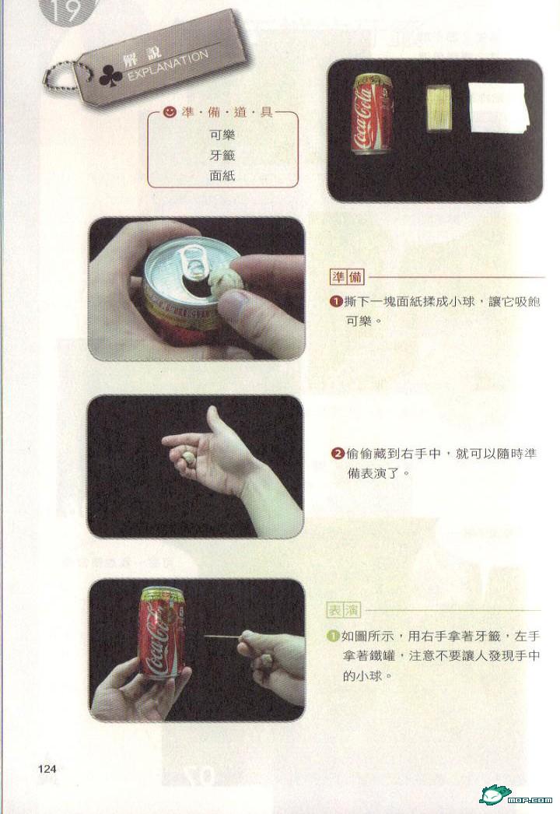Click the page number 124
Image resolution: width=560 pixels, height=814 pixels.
pyautogui.click(x=47, y=769)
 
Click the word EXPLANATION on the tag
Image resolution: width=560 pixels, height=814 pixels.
pyautogui.click(x=168, y=66)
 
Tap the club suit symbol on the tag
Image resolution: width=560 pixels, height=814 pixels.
pyautogui.click(x=110, y=75)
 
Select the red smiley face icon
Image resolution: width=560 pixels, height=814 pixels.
pyautogui.click(x=168, y=111)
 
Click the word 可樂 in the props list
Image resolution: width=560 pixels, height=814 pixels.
pyautogui.click(x=222, y=135)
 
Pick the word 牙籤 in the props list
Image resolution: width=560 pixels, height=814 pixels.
pyautogui.click(x=222, y=155)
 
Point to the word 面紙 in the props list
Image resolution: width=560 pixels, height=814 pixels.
pyautogui.click(x=222, y=175)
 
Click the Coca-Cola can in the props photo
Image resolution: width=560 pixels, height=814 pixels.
pyautogui.click(x=371, y=114)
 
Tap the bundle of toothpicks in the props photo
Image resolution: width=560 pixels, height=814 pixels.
pyautogui.click(x=439, y=108)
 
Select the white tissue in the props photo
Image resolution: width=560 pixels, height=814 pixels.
pyautogui.click(x=499, y=107)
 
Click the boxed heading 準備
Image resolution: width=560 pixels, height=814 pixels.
pyautogui.click(x=347, y=277)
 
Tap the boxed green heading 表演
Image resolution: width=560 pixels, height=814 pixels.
pyautogui.click(x=344, y=610)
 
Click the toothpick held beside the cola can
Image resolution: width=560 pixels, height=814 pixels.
pyautogui.click(x=222, y=636)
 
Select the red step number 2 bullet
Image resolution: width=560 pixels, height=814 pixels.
pyautogui.click(x=338, y=454)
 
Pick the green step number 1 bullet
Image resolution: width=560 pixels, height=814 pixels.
pyautogui.click(x=333, y=636)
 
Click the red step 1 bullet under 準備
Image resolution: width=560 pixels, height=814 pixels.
pyautogui.click(x=336, y=301)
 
